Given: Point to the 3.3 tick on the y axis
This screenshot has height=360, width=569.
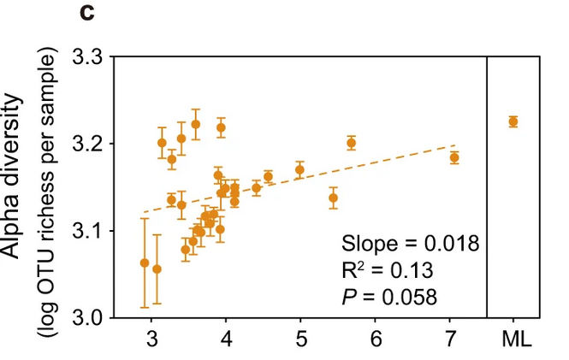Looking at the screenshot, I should click(87, 58).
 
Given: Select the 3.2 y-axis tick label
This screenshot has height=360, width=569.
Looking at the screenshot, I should click(87, 144).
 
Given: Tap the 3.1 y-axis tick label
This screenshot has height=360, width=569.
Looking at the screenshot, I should click(87, 231).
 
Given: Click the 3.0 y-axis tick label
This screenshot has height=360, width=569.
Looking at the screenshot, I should click(87, 318).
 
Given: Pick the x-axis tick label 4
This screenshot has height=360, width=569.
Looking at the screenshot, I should click(226, 339).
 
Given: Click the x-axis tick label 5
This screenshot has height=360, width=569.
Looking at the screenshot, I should click(300, 339).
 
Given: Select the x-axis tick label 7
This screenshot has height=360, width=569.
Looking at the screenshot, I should click(450, 339).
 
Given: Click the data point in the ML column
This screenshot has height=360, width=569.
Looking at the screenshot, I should click(513, 121).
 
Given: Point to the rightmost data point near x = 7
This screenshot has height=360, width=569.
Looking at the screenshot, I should click(454, 157).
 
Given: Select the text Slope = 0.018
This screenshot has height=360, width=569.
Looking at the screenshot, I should click(411, 242).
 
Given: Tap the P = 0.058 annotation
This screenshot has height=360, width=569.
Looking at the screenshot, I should click(389, 298).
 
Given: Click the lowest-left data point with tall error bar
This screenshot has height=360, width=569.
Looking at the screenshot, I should click(145, 263).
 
